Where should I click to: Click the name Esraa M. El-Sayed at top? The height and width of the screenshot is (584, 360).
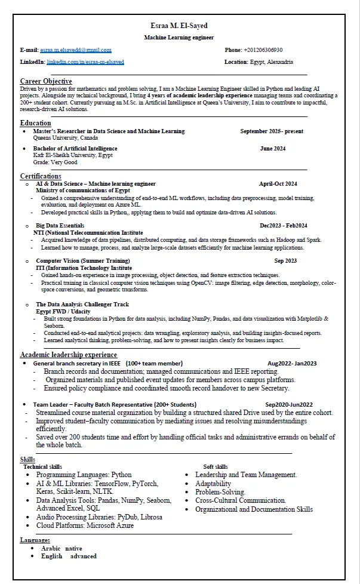179,26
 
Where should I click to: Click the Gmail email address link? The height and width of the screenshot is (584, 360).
75,50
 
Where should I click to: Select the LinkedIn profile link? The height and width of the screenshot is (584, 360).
85,62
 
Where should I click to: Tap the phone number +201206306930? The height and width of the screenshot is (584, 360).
263,50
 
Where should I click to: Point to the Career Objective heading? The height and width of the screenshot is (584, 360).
46,81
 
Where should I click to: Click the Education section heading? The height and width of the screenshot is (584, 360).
35,123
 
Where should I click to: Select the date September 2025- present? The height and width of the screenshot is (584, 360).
272,131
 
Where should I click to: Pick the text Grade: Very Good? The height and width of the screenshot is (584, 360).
56,162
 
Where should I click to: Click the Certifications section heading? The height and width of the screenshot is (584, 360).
41,176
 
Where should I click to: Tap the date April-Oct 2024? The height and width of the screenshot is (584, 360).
278,184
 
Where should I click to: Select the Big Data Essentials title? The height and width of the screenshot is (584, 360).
60,226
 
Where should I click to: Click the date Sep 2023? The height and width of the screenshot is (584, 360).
285,261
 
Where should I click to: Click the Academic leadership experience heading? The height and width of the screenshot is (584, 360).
69,355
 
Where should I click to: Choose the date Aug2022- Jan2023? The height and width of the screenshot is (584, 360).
292,364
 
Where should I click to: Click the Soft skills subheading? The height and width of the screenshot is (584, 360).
216,467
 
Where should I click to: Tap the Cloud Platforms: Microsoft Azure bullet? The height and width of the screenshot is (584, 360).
85,526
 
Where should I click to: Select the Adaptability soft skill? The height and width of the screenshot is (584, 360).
213,484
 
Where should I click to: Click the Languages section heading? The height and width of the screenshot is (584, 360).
35,540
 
